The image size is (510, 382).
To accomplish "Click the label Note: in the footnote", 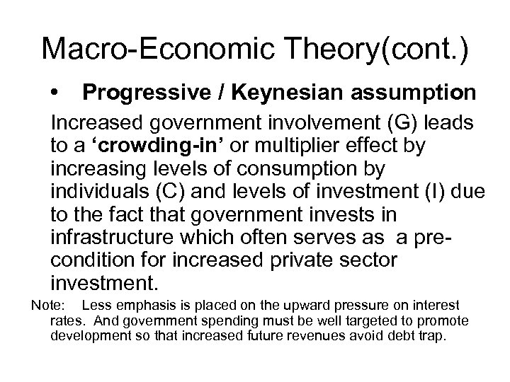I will tap(46, 305).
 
